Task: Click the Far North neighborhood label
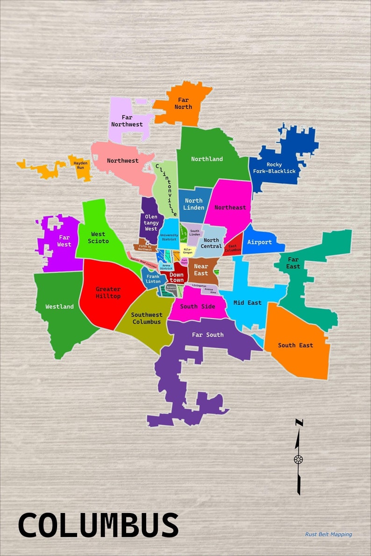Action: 183,103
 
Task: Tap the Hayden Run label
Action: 81,165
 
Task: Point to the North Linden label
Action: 193,204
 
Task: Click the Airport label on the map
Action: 259,242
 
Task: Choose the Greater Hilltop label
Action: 108,293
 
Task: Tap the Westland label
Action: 59,307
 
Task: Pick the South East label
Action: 295,345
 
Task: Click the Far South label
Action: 207,335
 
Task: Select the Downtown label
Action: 177,278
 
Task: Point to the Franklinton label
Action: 153,279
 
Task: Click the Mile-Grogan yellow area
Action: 187,251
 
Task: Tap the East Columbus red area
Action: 233,248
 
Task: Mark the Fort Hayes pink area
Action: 185,261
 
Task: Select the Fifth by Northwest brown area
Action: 145,247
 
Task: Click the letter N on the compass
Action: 299,423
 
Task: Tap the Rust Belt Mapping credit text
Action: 328,534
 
